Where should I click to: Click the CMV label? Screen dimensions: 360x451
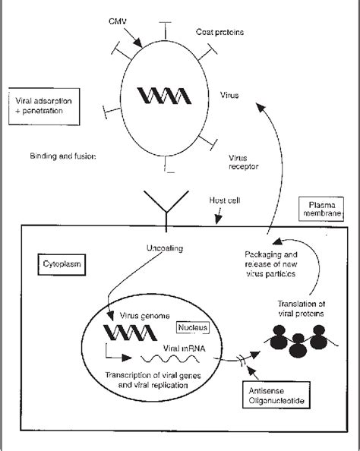(x=118, y=21)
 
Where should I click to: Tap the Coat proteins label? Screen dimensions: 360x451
(x=219, y=32)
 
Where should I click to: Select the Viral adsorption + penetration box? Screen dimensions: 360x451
(x=44, y=106)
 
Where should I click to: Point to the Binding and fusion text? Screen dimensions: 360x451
(x=63, y=156)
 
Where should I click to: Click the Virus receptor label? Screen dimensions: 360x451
(x=244, y=162)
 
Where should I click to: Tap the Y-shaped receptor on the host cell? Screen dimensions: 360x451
(x=166, y=211)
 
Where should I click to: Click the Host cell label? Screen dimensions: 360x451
(x=225, y=200)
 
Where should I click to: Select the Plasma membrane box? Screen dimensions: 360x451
(x=321, y=209)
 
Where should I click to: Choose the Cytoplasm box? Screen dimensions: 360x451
(x=62, y=264)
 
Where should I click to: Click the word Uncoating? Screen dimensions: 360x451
(x=165, y=248)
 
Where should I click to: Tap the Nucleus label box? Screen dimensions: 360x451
(x=192, y=327)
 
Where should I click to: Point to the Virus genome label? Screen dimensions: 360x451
(x=145, y=316)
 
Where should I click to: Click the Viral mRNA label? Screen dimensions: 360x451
(x=184, y=348)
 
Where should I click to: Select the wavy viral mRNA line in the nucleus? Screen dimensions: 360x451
(x=170, y=359)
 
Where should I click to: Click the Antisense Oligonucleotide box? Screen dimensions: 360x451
(x=276, y=395)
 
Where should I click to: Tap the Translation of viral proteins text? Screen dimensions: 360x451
(x=302, y=308)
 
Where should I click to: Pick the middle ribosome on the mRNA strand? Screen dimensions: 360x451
(x=298, y=345)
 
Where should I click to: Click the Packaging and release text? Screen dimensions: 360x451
(x=271, y=264)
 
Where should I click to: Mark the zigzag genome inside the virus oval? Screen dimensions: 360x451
(x=164, y=96)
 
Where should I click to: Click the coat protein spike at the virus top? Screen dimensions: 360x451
(x=165, y=30)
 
